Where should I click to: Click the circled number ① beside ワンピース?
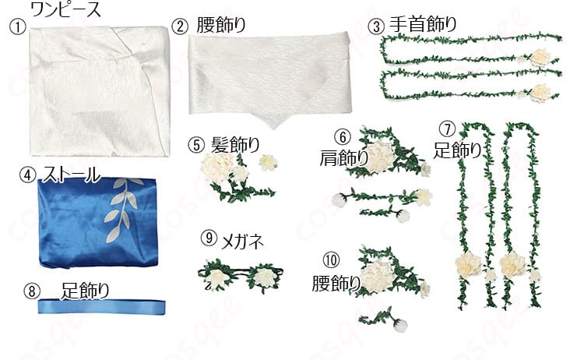17,27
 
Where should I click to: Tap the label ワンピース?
66,9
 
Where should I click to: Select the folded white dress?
100,91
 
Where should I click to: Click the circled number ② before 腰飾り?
180,26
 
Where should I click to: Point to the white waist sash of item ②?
270,78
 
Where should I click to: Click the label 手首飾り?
423,25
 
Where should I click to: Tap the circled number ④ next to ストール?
27,175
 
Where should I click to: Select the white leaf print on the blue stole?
121,209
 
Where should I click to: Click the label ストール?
71,175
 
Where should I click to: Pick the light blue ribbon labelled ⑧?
101,307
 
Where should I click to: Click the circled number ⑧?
32,291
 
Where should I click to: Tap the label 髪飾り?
235,145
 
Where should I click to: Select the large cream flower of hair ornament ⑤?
217,168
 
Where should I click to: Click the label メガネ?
242,242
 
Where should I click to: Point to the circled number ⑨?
209,238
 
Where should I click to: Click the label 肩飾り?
343,158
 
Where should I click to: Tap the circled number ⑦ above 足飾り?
447,129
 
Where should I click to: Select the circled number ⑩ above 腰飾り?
332,259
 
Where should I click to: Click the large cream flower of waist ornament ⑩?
378,276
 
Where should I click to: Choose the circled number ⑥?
343,137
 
